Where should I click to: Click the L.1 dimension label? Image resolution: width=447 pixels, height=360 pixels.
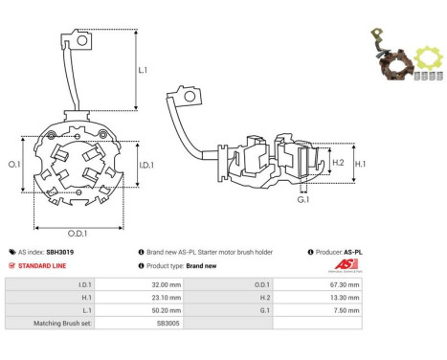[143, 70]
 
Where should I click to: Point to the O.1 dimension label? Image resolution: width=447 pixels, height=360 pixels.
[14, 164]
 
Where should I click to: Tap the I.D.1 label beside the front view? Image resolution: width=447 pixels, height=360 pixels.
[146, 165]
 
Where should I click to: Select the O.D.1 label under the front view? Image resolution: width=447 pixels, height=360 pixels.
[78, 234]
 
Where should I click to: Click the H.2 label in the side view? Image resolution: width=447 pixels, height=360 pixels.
[338, 163]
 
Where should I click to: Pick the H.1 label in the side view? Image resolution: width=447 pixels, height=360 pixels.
[360, 164]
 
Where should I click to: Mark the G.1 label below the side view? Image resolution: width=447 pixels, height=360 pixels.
[303, 200]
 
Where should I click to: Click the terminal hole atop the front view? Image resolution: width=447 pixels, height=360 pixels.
[82, 41]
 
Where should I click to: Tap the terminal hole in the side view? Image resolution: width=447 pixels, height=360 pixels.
[190, 96]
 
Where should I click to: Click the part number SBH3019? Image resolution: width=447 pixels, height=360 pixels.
[60, 252]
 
